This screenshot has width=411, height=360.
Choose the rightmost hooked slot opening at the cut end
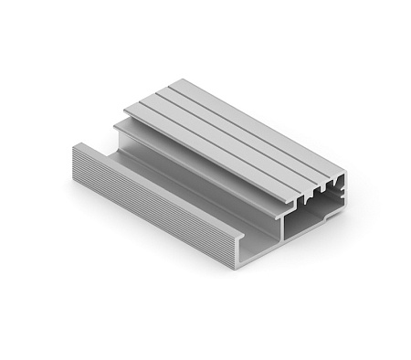[334, 186]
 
